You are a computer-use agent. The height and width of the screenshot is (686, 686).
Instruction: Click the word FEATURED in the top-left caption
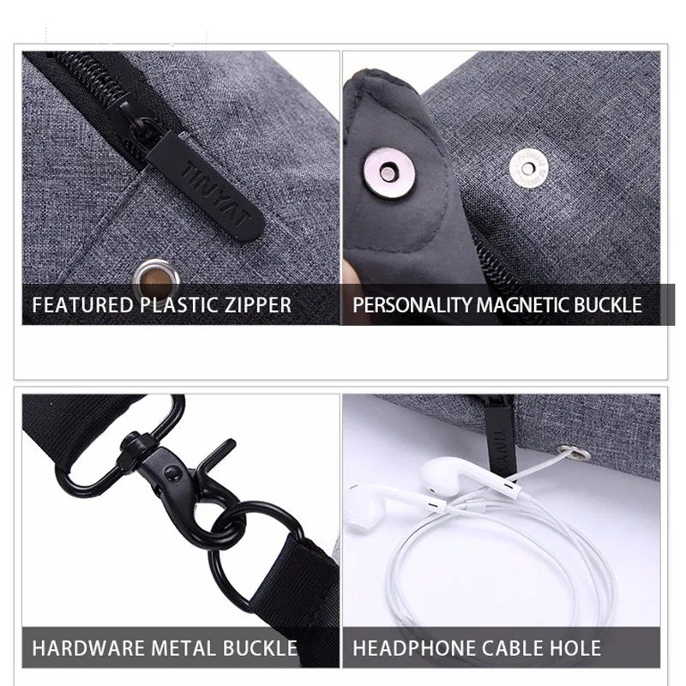point(82,305)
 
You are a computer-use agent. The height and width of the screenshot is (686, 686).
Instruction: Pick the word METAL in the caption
point(184,648)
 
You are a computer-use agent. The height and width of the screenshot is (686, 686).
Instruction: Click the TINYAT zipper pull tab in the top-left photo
point(207,187)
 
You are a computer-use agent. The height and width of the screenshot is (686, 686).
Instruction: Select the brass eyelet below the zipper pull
point(156,279)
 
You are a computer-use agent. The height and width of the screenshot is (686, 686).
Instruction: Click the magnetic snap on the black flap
point(389,172)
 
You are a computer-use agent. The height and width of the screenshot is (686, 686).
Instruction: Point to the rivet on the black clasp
point(172,472)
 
